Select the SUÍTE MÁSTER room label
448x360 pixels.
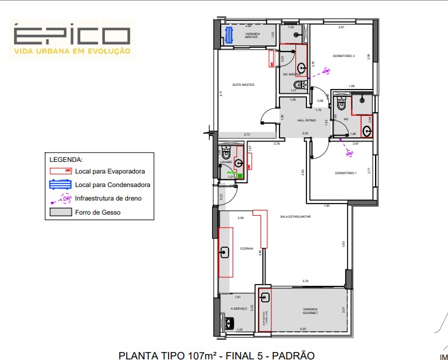243,85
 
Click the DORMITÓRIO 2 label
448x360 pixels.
344,56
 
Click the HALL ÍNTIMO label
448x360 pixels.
306,120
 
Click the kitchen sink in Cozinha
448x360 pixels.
224,251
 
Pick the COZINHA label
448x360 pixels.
246,248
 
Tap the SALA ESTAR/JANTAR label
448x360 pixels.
295,216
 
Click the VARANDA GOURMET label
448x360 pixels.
309,311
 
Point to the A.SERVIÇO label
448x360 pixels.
238,308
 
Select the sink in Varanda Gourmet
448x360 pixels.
265,298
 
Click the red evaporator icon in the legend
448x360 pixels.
61,172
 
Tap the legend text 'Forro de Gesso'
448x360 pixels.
97,212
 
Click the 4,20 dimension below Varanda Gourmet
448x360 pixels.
303,329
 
